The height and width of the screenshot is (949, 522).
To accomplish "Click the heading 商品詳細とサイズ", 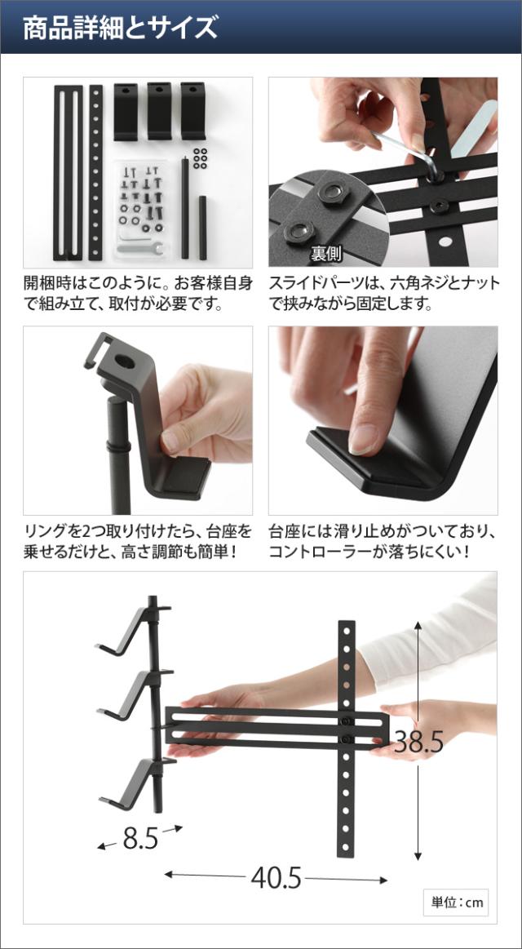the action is click(120, 28).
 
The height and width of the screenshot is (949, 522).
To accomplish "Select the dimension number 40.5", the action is click(276, 877).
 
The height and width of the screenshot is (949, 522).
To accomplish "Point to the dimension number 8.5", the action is click(140, 838).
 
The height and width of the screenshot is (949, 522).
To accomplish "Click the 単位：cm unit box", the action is click(457, 902).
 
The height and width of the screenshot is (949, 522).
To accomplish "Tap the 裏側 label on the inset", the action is click(326, 254).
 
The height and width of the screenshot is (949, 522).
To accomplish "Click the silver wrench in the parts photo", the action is click(140, 247).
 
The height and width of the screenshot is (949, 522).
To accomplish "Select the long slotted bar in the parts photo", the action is click(68, 173).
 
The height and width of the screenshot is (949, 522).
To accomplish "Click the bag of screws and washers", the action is click(144, 206).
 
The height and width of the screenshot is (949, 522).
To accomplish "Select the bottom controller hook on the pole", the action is click(133, 784).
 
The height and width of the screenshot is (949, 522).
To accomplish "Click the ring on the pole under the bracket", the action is click(118, 447).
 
